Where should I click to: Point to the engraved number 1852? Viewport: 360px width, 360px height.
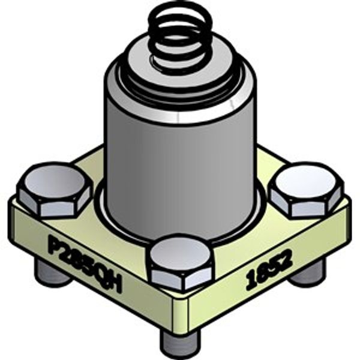[268, 271]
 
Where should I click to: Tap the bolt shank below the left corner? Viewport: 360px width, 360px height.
[50, 273]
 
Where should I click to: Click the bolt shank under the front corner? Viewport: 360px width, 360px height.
[180, 342]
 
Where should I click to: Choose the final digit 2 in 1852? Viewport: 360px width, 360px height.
[287, 260]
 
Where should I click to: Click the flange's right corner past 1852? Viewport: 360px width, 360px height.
[347, 207]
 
